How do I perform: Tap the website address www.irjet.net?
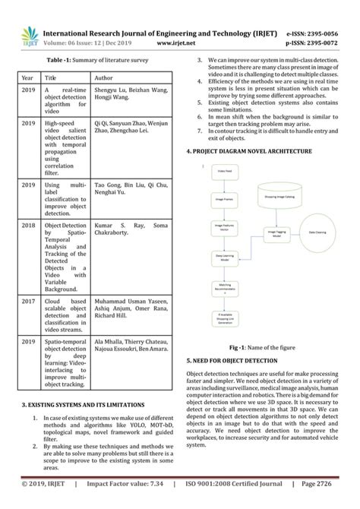coord(172,43)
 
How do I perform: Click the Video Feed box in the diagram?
coord(226,172)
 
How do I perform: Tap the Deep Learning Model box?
coord(226,257)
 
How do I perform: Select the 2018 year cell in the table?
coord(28,226)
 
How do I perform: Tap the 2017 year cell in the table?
coord(28,300)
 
